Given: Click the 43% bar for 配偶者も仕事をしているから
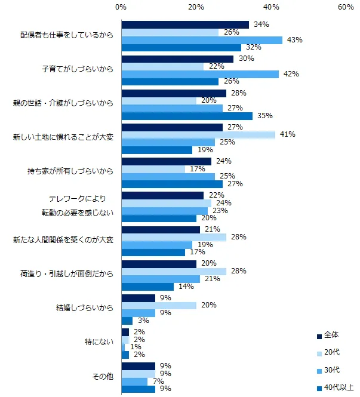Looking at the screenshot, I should click(202, 40).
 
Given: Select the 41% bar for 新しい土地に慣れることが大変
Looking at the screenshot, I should click(198, 134).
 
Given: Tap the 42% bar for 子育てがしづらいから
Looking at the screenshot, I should click(200, 74).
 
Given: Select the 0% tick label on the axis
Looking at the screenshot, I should click(121, 7).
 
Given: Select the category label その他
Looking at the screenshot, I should click(102, 377).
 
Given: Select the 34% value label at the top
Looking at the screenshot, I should click(260, 24).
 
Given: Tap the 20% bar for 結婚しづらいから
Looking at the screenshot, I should click(159, 305).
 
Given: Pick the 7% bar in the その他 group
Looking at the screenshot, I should click(134, 381).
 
